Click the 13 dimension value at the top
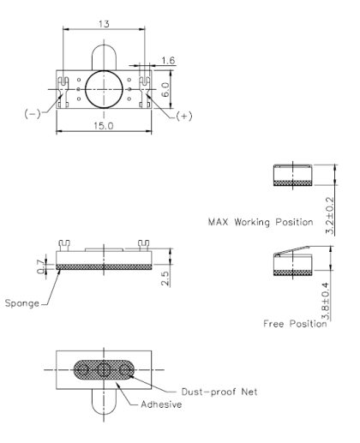(x=104, y=25)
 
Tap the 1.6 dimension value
(x=168, y=61)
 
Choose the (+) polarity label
(x=183, y=115)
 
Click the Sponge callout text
(x=21, y=302)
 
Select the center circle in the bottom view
(x=105, y=370)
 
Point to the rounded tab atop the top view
(x=104, y=57)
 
